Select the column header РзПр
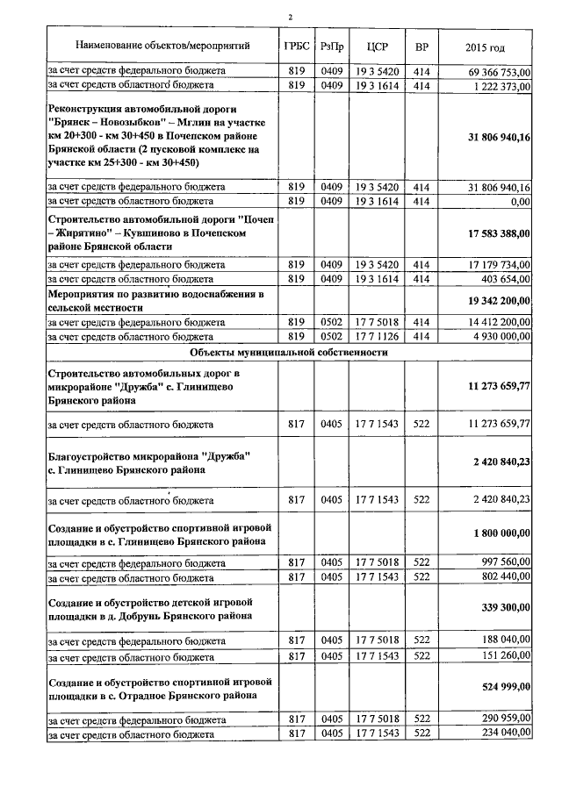(332, 46)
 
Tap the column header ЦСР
(376, 46)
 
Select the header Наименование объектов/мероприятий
(162, 45)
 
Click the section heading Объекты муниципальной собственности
(289, 352)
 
